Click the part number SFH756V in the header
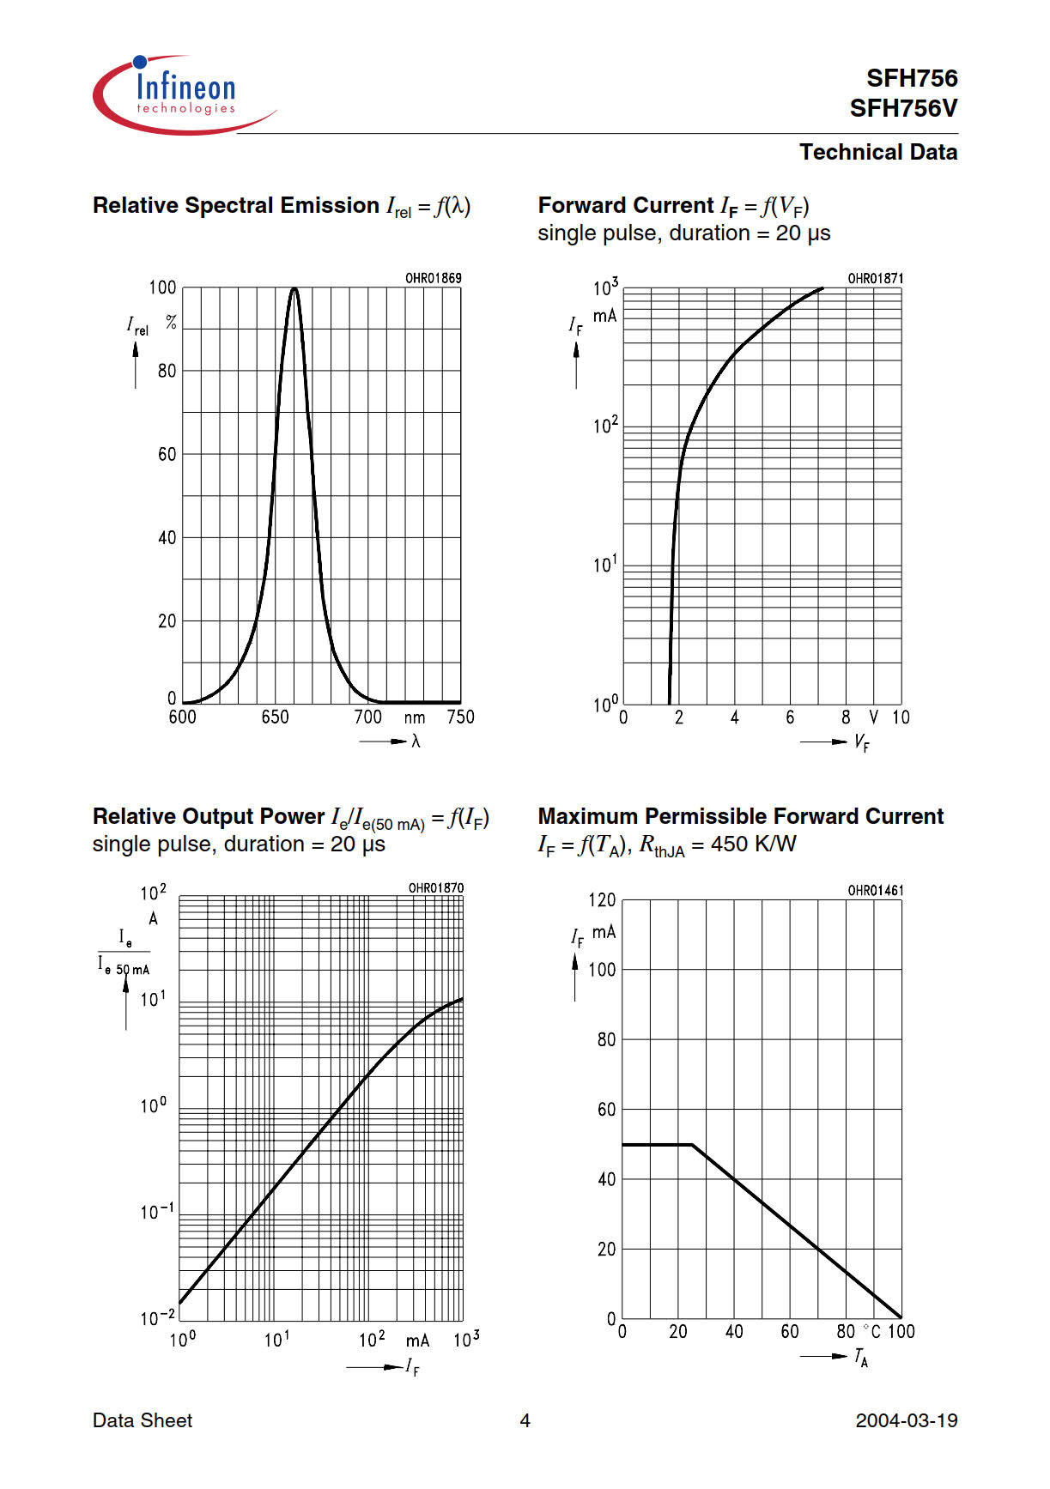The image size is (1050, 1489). coord(903,109)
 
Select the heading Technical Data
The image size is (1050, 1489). coord(877,152)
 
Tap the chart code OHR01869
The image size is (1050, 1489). coord(434,278)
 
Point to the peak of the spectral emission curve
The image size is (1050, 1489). coord(294,288)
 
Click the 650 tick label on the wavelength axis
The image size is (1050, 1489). coord(275,717)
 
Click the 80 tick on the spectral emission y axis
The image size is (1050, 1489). coord(167,371)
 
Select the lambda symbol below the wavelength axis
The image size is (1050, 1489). coord(416,741)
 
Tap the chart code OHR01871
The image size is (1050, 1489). coord(875,278)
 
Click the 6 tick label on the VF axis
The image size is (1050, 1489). coord(790,717)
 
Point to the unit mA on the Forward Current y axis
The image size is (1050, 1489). coord(604,316)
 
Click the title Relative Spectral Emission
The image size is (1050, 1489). coord(235,206)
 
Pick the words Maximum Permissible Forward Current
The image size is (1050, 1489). coord(740,816)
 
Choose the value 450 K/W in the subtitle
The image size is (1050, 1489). coord(753,844)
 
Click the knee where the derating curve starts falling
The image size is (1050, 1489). coord(692,1145)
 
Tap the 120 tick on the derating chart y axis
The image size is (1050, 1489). coord(602,900)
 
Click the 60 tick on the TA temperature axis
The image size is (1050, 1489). coord(790,1331)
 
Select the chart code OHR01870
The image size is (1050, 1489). coord(435,887)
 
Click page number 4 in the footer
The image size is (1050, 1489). coord(525,1420)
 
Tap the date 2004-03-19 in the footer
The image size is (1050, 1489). coord(906,1420)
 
